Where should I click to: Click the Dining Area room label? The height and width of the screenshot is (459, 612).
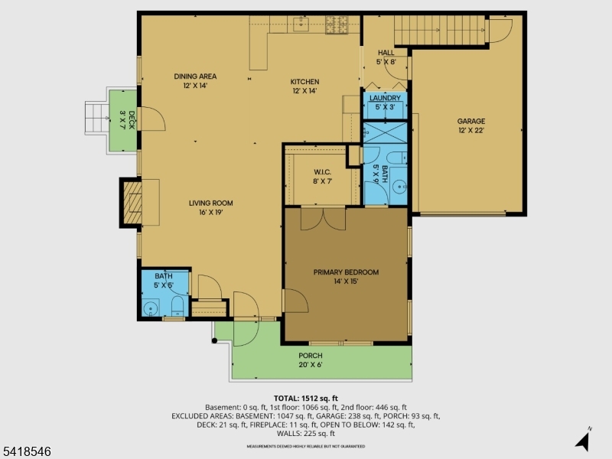click(x=195, y=81)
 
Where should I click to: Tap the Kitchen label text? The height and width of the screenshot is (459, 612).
click(x=304, y=86)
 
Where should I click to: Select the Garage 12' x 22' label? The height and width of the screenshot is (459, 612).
click(x=471, y=125)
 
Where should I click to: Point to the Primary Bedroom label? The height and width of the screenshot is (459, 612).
click(x=346, y=276)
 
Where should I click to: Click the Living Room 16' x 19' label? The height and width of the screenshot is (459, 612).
click(x=211, y=207)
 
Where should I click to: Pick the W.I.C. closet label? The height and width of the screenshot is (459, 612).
click(x=321, y=177)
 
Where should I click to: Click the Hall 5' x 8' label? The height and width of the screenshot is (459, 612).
click(x=386, y=57)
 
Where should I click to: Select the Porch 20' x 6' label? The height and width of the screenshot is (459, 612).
click(x=311, y=360)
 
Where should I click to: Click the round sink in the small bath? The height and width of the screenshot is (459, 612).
click(x=151, y=309)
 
